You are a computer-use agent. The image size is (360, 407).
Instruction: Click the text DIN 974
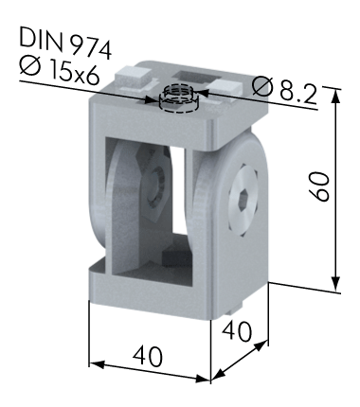65,43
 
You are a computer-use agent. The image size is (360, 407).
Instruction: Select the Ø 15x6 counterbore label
60,72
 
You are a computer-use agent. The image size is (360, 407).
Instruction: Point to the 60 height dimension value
319,186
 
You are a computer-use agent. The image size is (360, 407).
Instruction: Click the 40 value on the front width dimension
148,356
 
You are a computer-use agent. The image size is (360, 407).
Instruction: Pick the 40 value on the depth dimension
237,331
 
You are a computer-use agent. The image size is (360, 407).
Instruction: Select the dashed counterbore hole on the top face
178,98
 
